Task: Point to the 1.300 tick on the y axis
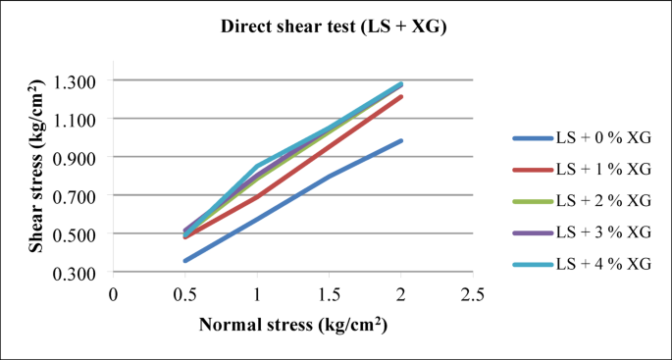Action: tap(80, 80)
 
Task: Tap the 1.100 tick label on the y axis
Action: tap(80, 119)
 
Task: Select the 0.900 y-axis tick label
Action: tap(80, 157)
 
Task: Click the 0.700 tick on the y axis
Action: tap(80, 195)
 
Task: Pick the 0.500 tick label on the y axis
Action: tap(80, 234)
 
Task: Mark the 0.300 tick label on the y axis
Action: tap(80, 273)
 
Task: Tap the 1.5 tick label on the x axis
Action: tap(329, 293)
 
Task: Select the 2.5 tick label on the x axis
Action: tap(472, 293)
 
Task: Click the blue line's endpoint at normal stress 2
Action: tap(400, 140)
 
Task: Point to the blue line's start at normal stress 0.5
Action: tap(184, 261)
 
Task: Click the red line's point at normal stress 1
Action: tap(257, 196)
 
